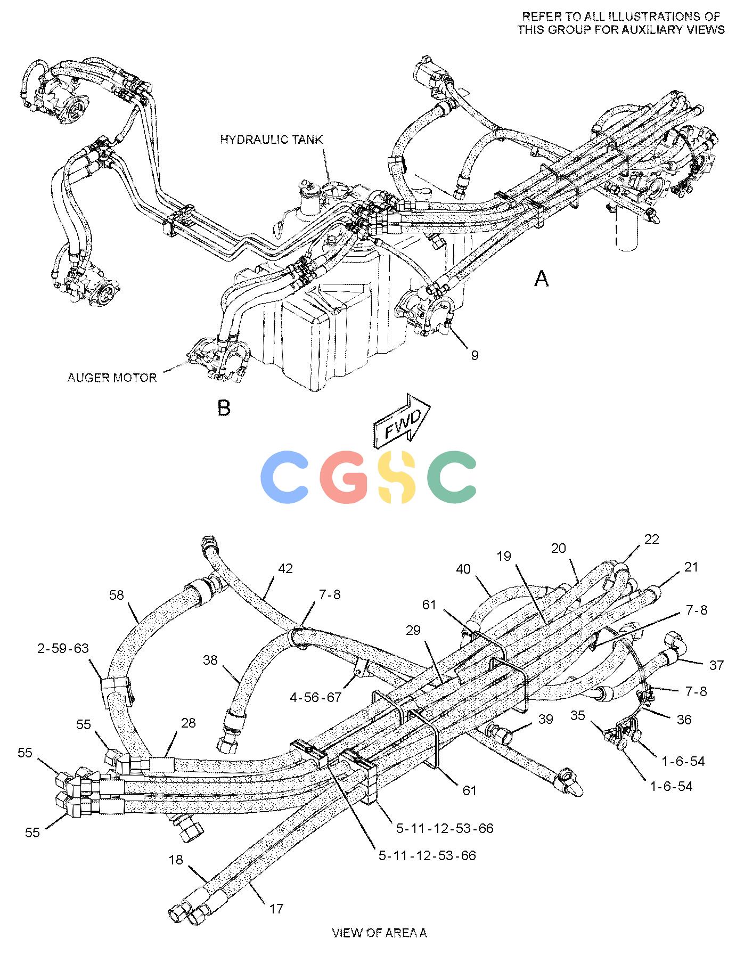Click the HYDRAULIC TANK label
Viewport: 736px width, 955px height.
[272, 140]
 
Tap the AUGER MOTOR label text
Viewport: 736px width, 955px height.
[112, 378]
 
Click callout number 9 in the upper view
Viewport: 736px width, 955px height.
[474, 355]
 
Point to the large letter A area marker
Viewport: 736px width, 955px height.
[541, 278]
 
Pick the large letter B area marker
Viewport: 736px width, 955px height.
[224, 408]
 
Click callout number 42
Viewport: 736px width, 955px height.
[285, 568]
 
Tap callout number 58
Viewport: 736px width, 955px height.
[116, 594]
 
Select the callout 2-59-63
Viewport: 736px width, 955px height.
[63, 648]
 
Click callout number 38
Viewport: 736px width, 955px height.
[210, 660]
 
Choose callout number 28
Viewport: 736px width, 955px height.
[189, 723]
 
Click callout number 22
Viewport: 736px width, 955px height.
[651, 539]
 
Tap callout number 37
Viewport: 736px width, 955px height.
[716, 665]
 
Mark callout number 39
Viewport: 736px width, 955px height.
[546, 719]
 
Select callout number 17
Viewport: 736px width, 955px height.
[276, 908]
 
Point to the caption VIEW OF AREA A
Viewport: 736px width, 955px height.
[379, 933]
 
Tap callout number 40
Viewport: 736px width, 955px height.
[463, 569]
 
